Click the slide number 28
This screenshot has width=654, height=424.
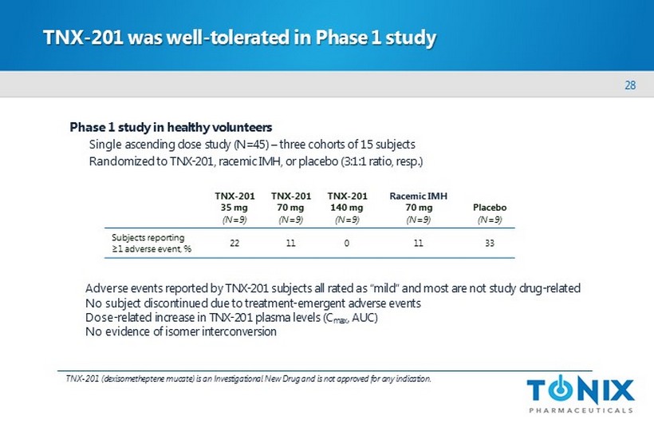tap(630, 85)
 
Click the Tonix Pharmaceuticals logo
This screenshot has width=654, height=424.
tap(581, 394)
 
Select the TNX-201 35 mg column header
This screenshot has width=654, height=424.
tap(234, 208)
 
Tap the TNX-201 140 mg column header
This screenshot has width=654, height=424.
tap(347, 208)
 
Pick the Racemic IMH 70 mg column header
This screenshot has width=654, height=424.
tap(419, 208)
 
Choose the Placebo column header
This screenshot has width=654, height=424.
tap(490, 213)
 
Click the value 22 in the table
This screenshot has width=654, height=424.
tap(234, 243)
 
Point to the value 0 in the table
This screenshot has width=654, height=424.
tap(347, 243)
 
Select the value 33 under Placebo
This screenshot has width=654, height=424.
tap(490, 243)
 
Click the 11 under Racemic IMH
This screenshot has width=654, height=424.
tap(419, 243)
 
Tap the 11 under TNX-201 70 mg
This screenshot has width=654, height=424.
tap(291, 243)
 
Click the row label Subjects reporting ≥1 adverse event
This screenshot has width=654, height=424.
tap(152, 243)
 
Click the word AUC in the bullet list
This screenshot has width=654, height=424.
tap(364, 318)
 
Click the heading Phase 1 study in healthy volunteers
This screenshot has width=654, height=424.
tap(171, 127)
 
